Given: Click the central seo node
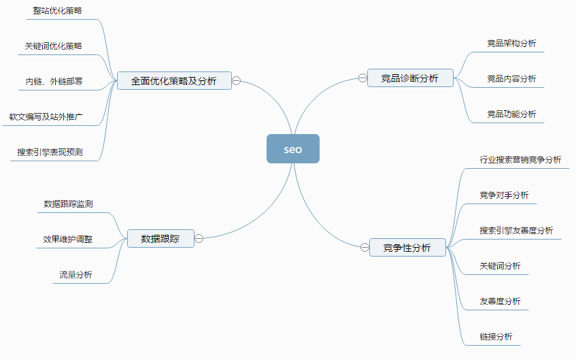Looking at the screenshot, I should pos(292,149).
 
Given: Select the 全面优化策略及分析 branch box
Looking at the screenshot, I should pos(174,81).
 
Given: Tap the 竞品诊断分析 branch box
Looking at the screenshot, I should pos(410,78).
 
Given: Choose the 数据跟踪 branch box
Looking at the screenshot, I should pos(160,238).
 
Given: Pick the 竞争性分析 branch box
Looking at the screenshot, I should pos(407,248).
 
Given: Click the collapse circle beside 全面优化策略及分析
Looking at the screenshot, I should pos(237,80).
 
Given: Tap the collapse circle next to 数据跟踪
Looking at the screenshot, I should pos(199,238).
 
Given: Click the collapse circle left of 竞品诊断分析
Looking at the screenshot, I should pos(362,78).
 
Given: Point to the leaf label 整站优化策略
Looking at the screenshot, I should pos(58,11).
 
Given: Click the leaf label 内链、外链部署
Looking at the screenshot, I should pos(54,82).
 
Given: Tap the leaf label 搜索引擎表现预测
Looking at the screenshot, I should pos(50,152).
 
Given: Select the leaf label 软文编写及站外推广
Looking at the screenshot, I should pos(51,117).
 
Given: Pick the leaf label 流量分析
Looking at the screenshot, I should pos(75,275).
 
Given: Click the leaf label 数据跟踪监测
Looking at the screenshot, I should pos(68,203).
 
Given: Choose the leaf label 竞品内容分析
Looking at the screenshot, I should pos(511,79).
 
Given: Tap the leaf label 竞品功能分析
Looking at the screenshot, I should pos(511,114).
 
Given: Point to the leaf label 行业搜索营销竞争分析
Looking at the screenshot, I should pos(520,160).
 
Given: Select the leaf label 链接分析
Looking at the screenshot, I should pos(496,337).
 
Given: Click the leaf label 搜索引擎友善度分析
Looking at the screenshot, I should pos(516,231).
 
